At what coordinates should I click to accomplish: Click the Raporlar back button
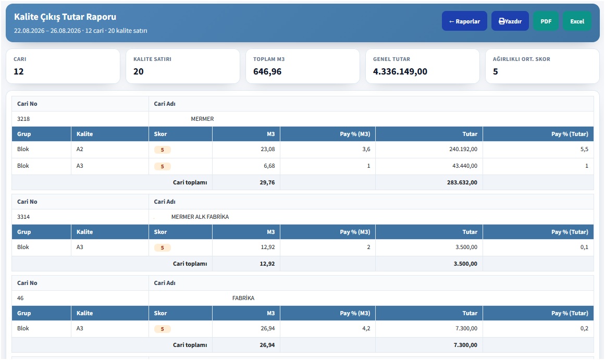464,21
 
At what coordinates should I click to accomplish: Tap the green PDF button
546,21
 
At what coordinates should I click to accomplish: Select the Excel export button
577,21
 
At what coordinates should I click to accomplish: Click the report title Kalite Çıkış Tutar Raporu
65,17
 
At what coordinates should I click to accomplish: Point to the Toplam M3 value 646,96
267,71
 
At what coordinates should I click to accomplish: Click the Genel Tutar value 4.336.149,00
400,71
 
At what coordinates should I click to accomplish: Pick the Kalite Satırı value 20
139,71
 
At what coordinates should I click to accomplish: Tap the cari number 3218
23,119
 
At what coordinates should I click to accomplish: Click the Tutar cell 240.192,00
463,149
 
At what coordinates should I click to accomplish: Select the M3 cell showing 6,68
269,166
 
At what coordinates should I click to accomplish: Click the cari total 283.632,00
462,182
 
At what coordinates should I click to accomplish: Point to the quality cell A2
80,149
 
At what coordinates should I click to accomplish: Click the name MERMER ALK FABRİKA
200,217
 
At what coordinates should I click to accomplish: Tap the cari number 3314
23,217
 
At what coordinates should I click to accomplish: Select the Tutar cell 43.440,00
464,166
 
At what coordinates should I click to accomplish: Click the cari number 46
20,298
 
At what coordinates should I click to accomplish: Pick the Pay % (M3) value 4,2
366,328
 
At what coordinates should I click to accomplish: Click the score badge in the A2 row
163,150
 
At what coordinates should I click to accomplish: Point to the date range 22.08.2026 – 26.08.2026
47,31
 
